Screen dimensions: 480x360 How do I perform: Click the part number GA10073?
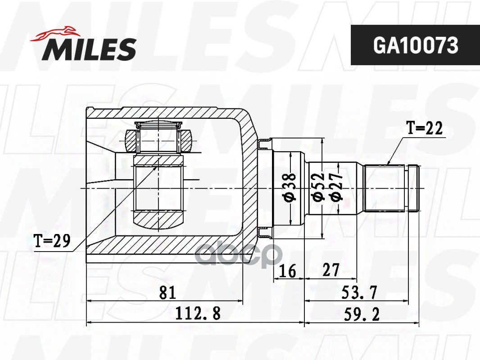coord(416,45)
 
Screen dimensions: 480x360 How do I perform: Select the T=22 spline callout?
coord(424,128)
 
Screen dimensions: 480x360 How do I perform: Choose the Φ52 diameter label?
coord(318,187)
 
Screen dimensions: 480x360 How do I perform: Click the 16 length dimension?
coord(288,270)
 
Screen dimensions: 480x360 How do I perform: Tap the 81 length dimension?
coord(168,292)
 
